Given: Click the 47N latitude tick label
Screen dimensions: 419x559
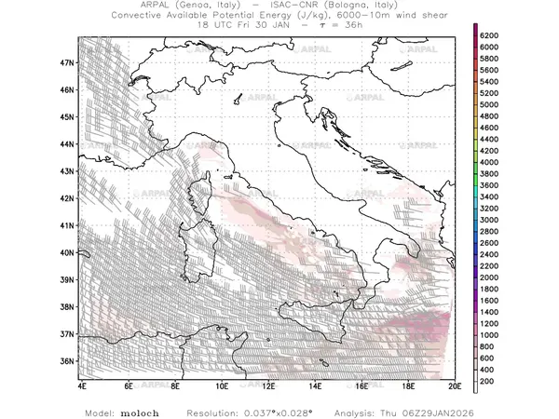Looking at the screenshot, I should point(68,62).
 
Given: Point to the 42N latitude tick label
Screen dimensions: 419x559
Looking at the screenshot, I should point(68,197).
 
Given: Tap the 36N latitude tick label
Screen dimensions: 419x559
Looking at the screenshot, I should point(68,361).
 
